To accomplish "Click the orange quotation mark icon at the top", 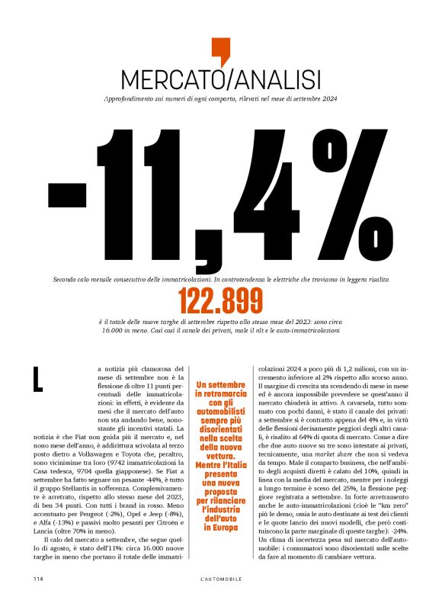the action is tap(220, 50).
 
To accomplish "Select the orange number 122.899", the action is tap(220, 302).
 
